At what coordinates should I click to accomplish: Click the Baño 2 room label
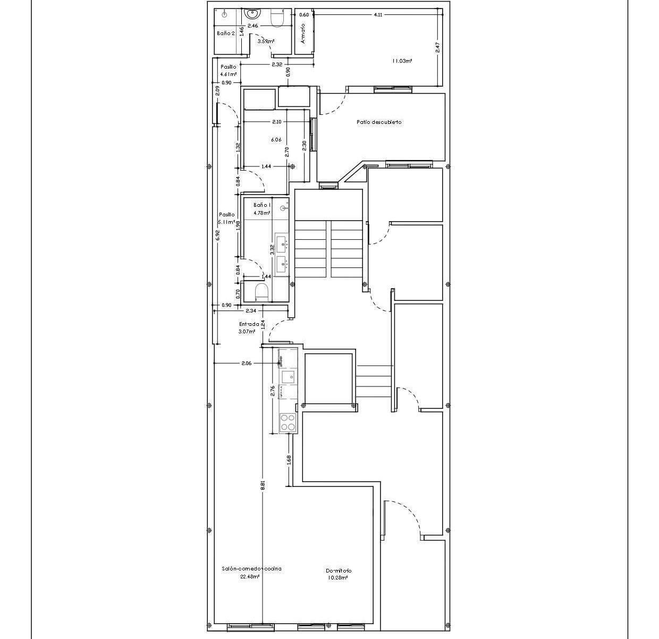[225, 33]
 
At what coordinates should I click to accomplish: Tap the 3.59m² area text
[266, 41]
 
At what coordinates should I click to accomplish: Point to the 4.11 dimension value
[378, 15]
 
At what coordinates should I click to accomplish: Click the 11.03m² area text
[402, 61]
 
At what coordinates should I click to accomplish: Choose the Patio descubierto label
[379, 122]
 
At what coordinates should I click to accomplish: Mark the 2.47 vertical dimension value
[438, 47]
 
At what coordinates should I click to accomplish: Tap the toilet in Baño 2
[277, 18]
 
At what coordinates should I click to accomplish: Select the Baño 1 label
[262, 205]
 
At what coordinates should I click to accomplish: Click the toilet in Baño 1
[261, 292]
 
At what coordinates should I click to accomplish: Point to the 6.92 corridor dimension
[217, 236]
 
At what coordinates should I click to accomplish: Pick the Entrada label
[249, 324]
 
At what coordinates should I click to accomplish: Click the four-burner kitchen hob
[288, 423]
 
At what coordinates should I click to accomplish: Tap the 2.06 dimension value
[246, 364]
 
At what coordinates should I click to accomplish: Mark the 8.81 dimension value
[263, 485]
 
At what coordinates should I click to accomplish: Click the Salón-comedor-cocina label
[251, 569]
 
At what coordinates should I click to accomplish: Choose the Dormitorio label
[339, 571]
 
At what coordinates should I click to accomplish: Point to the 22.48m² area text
[249, 576]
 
